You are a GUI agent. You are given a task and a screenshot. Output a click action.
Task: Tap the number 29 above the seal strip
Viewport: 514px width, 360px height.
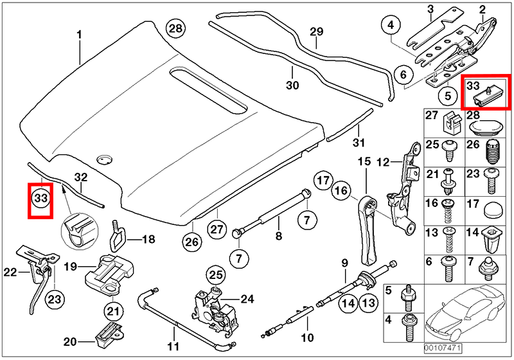point(316,32)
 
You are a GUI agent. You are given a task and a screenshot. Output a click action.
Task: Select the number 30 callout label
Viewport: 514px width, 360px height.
point(293,85)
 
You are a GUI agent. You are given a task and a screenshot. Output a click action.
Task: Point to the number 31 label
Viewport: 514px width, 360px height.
point(359,142)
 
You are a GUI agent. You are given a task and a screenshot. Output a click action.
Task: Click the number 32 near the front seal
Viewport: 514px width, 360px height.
point(80,177)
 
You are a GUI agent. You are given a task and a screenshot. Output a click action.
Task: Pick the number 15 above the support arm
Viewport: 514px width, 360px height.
point(365,161)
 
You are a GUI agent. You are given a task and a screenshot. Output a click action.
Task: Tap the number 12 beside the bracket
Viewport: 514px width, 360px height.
point(381,163)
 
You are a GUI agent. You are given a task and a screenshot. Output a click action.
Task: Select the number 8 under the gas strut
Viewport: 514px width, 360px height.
point(279,236)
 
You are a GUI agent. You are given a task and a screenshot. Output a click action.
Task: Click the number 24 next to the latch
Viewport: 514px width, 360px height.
point(247,298)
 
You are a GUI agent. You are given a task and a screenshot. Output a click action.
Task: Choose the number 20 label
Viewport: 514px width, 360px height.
point(70,341)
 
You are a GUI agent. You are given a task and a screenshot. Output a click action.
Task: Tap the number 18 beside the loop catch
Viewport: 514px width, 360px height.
point(148,240)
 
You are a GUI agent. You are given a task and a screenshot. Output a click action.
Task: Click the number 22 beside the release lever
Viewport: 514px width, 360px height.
point(10,272)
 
